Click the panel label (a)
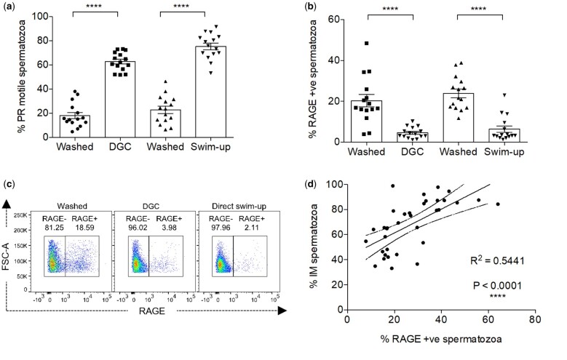click(10, 7)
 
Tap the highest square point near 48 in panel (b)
click(368, 44)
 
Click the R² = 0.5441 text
click(497, 257)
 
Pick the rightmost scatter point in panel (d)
click(498, 204)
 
